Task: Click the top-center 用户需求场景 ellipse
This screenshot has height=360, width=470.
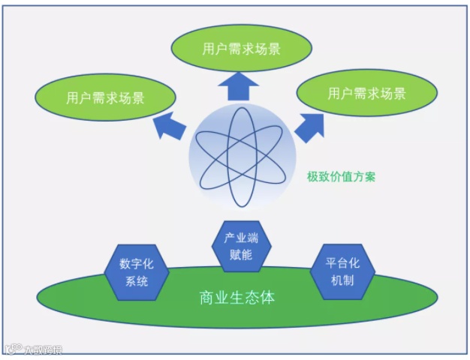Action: point(241,49)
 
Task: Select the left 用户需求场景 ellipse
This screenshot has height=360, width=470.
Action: point(106,98)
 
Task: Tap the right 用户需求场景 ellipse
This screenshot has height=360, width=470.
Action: point(367,94)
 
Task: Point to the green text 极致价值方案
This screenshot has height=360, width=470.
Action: point(342,178)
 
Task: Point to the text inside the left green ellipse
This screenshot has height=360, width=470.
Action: point(106,98)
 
